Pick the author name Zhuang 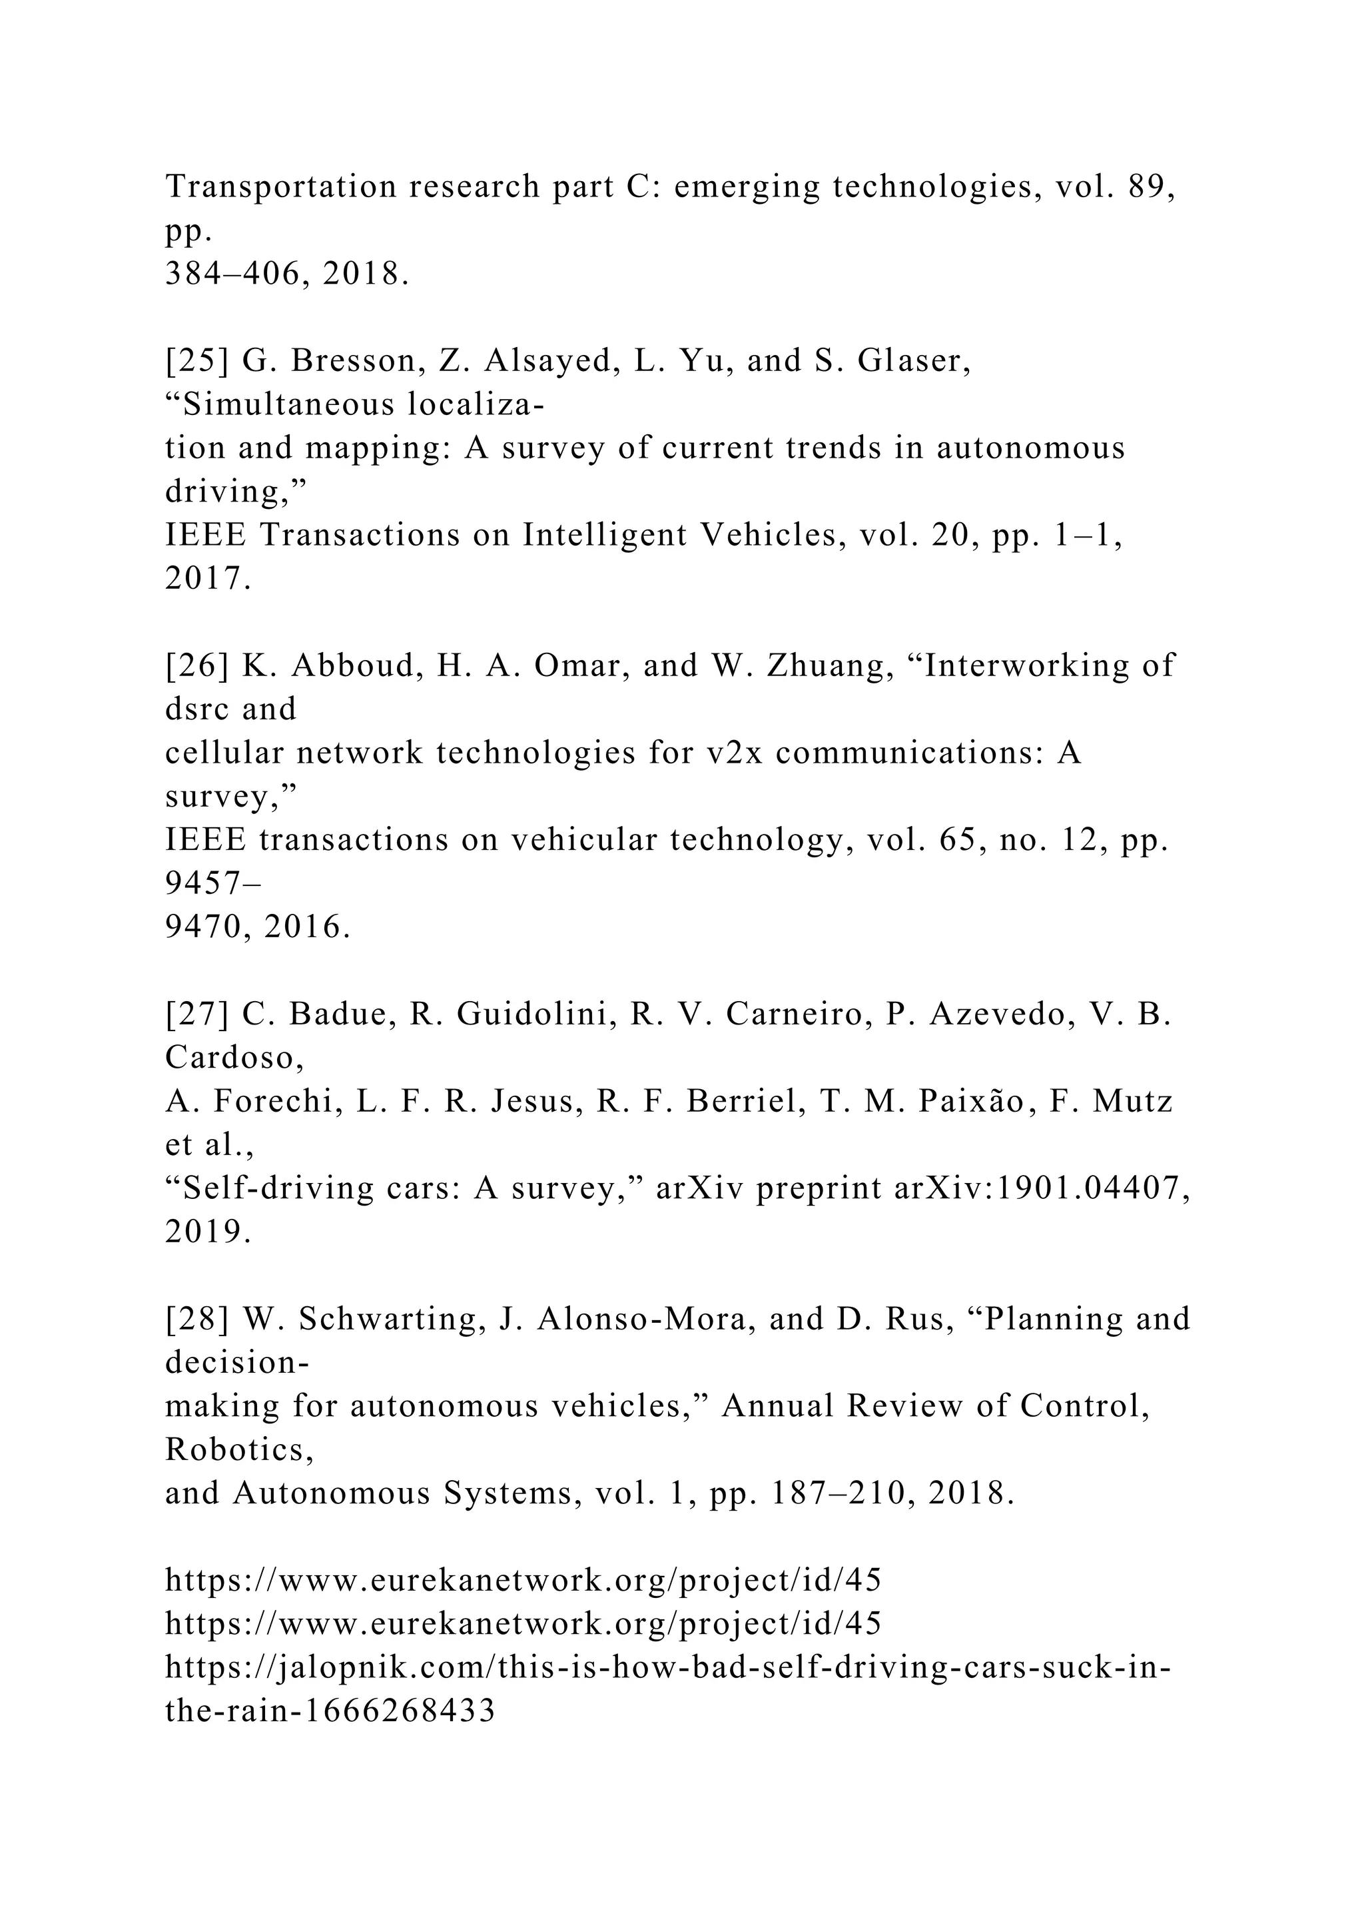(x=831, y=666)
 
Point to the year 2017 (x=207, y=579)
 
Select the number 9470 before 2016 (x=206, y=928)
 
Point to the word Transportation (x=280, y=187)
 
